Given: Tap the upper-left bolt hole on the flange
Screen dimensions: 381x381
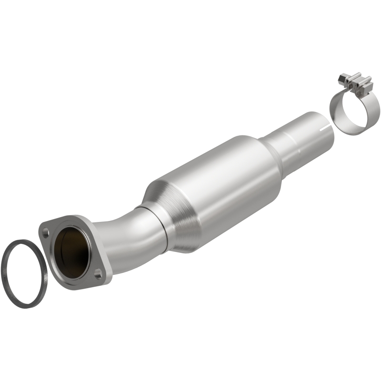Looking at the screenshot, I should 45,234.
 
